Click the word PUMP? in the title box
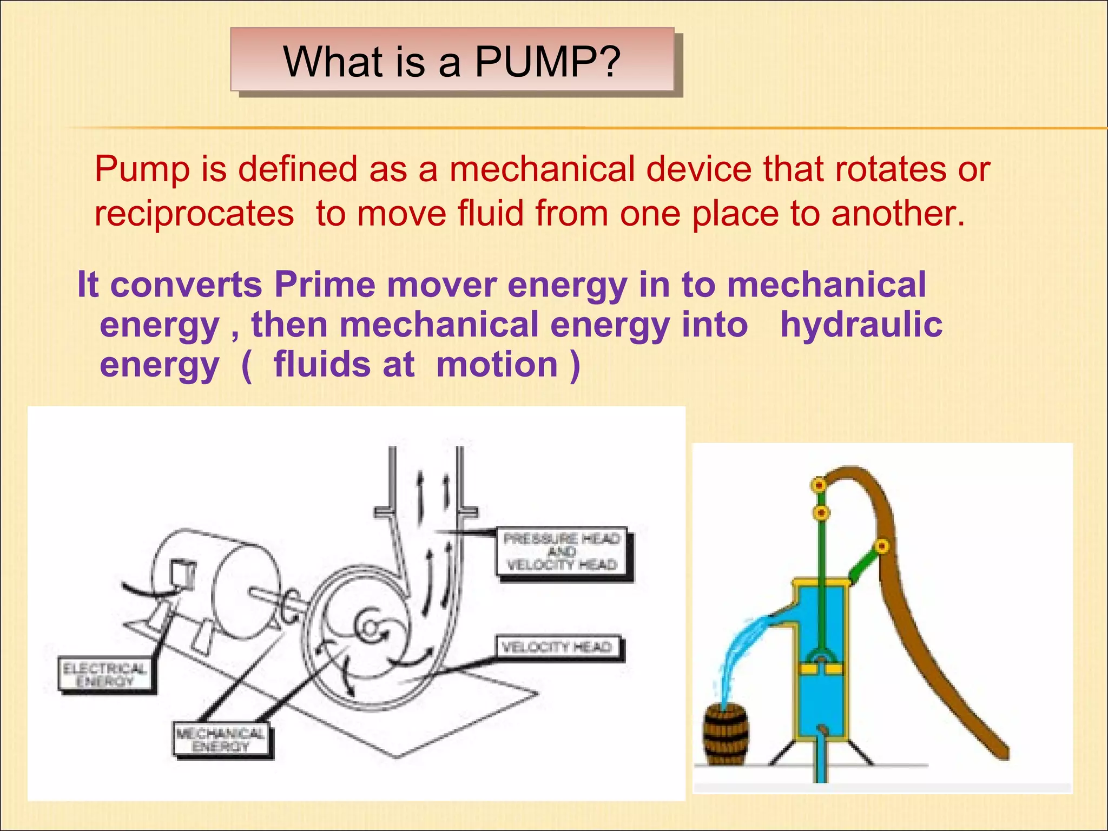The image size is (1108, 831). click(546, 62)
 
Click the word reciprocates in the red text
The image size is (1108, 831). click(194, 213)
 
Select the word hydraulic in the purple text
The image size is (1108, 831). click(861, 325)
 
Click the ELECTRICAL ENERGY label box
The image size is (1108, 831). click(106, 675)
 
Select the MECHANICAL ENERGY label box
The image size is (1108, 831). click(221, 740)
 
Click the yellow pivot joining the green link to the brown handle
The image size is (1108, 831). click(882, 546)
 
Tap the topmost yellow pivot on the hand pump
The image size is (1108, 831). click(819, 485)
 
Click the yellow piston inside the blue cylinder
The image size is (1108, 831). click(821, 669)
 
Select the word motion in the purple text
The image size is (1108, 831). click(497, 365)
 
